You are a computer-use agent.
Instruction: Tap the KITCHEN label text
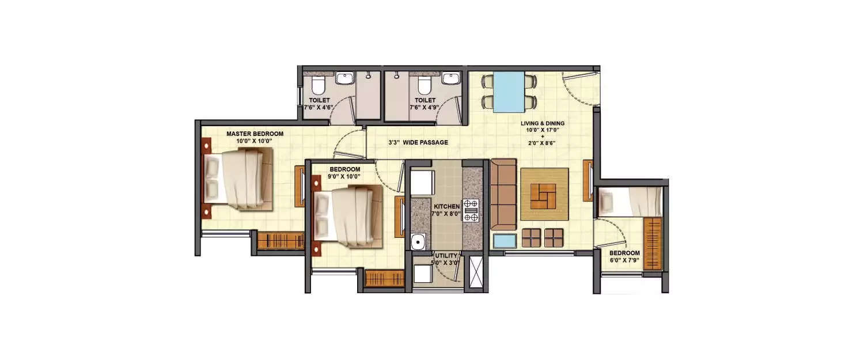(446, 206)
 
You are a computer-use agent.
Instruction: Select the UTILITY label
(446, 256)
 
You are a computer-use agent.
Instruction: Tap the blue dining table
(509, 92)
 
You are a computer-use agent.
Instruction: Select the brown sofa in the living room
(502, 195)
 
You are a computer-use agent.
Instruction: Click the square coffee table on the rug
(544, 194)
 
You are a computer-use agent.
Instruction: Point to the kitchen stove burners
(471, 210)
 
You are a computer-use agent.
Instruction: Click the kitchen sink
(418, 241)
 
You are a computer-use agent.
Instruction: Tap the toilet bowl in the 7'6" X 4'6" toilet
(317, 86)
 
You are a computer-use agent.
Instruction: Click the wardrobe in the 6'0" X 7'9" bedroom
(653, 242)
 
